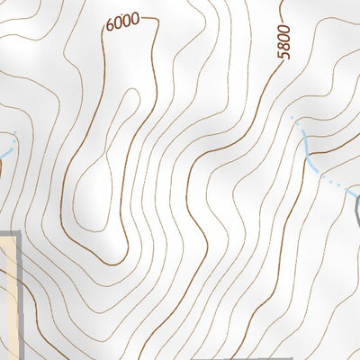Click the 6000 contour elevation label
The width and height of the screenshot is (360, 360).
pos(122,23)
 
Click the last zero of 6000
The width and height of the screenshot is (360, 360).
pos(135,18)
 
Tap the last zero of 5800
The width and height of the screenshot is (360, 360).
pos(284,31)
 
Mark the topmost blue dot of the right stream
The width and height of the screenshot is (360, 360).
pos(292,118)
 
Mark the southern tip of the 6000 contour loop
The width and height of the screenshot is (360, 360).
pos(112,264)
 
